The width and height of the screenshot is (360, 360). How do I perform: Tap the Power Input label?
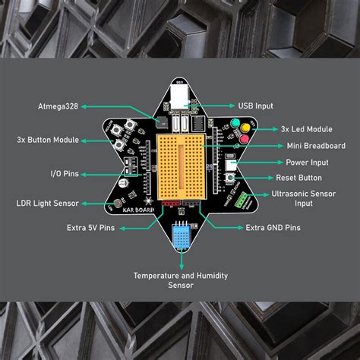307,162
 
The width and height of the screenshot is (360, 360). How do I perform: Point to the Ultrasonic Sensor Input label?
303,198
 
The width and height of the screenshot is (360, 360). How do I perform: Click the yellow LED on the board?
246,131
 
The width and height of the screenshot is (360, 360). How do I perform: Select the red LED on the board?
244,140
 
